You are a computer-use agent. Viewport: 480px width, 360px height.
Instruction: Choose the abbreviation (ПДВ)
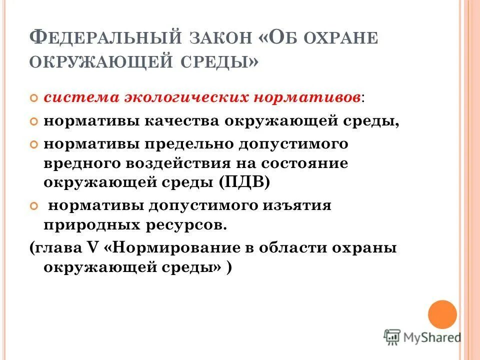coord(243,182)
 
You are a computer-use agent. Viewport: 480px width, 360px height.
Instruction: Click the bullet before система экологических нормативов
coord(34,97)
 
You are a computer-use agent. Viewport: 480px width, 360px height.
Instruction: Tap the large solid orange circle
coord(442,314)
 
